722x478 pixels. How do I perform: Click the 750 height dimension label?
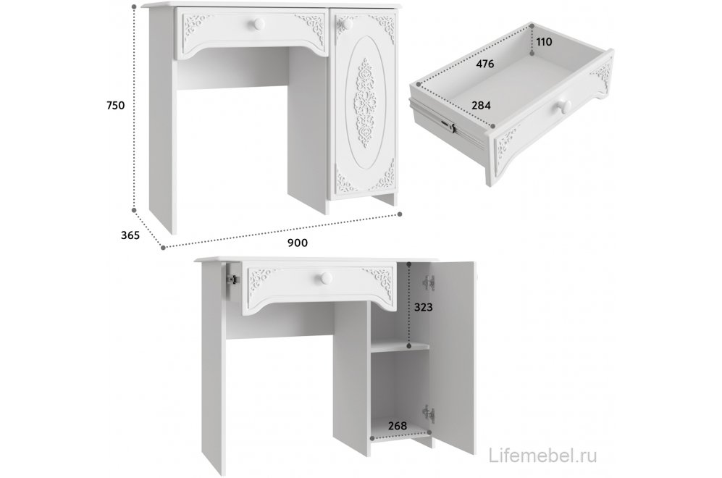click(x=115, y=106)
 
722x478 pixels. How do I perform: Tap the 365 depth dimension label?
click(x=130, y=235)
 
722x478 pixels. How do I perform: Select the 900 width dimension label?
click(x=298, y=243)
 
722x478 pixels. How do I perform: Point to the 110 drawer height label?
click(x=544, y=42)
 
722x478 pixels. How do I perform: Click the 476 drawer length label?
click(x=484, y=64)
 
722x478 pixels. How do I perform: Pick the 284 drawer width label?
click(x=481, y=106)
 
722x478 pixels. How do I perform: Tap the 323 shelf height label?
click(x=423, y=306)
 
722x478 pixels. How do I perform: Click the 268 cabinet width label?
click(x=398, y=426)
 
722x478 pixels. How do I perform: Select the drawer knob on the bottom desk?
click(x=327, y=277)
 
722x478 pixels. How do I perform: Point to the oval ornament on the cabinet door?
click(x=366, y=104)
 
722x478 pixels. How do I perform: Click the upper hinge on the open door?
click(x=429, y=282)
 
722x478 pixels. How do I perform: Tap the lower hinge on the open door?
click(x=429, y=413)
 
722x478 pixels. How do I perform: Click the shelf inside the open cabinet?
click(x=400, y=347)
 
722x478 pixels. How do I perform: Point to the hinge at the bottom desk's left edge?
click(x=233, y=279)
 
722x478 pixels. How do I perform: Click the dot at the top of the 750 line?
click(x=134, y=7)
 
